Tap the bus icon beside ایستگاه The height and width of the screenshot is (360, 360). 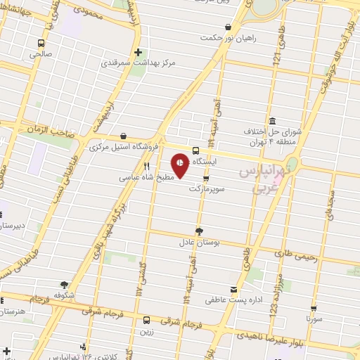(195, 150)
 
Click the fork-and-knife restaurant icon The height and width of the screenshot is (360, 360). (146, 167)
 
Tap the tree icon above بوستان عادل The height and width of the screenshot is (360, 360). (199, 231)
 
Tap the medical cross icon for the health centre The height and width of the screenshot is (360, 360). (139, 52)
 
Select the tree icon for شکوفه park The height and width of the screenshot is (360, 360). (64, 285)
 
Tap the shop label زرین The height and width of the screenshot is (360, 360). (146, 331)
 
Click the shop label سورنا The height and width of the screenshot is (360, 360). (314, 318)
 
